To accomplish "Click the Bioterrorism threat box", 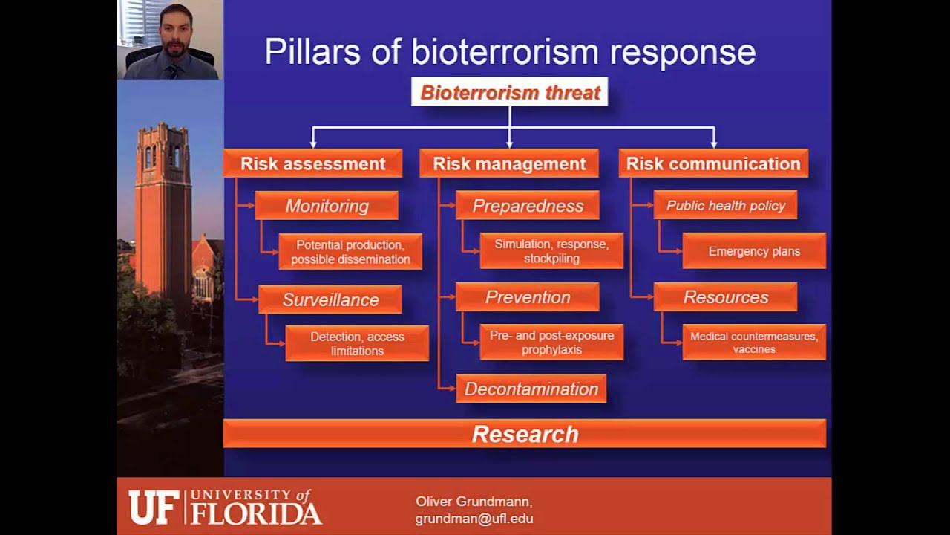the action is click(509, 93).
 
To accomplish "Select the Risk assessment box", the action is click(312, 164).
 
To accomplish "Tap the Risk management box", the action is click(509, 164).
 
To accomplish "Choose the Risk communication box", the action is click(713, 164).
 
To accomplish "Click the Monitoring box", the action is click(327, 206).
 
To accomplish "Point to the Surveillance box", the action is click(330, 299).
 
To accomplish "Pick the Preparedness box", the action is click(528, 206).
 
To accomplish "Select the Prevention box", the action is click(528, 297).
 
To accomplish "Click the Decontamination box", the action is click(531, 389).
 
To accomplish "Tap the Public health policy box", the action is click(725, 206).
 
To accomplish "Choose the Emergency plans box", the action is click(754, 251).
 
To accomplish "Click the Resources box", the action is click(725, 297).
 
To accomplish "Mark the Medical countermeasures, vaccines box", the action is click(754, 343).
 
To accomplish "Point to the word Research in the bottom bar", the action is click(525, 434).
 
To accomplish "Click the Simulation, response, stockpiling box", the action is click(551, 251).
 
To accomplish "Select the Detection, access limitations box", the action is click(357, 343).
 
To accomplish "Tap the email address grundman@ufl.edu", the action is click(474, 519).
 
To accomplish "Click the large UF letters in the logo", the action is click(151, 508).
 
